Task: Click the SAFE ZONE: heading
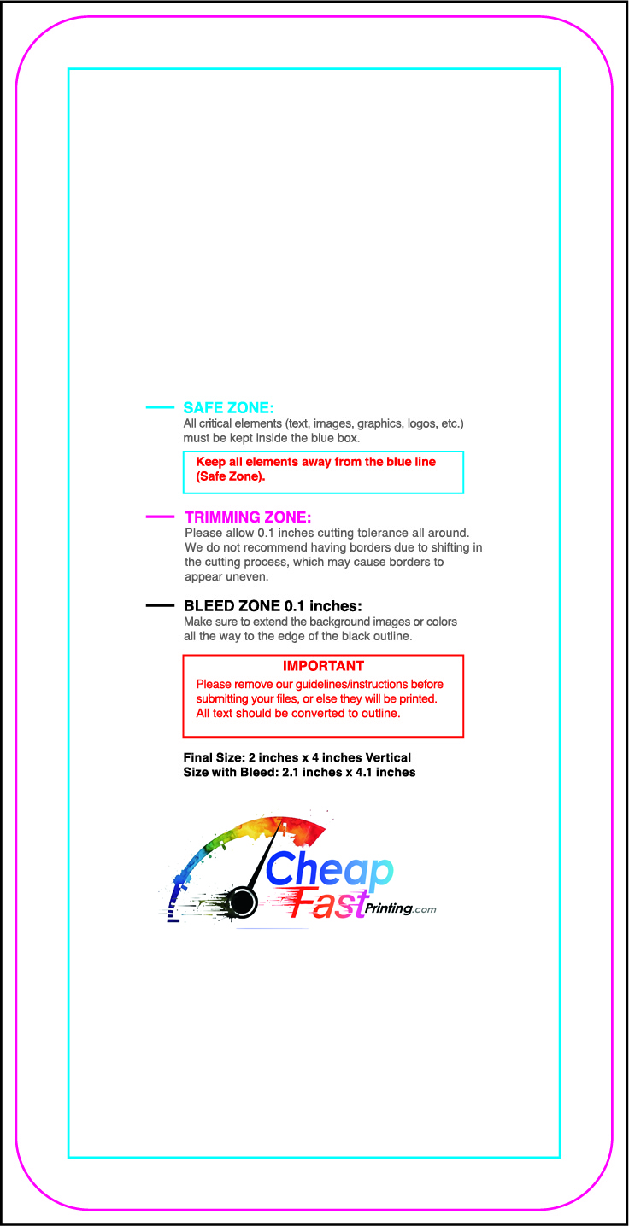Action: tap(228, 408)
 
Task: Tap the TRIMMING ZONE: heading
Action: tap(248, 517)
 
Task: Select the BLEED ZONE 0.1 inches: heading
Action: tap(273, 606)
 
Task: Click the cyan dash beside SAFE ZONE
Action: tap(160, 407)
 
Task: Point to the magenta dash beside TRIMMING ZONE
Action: tap(160, 517)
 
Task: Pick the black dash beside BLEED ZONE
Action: tap(160, 605)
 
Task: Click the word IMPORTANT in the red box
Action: tap(323, 666)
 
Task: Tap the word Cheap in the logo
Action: tap(328, 871)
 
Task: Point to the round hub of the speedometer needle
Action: tap(243, 901)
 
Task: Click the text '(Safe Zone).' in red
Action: tap(231, 476)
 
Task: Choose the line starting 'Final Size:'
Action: tap(297, 757)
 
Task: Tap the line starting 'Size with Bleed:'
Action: tap(299, 772)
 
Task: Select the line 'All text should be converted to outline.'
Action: tap(298, 713)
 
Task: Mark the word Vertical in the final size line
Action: tap(388, 757)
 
